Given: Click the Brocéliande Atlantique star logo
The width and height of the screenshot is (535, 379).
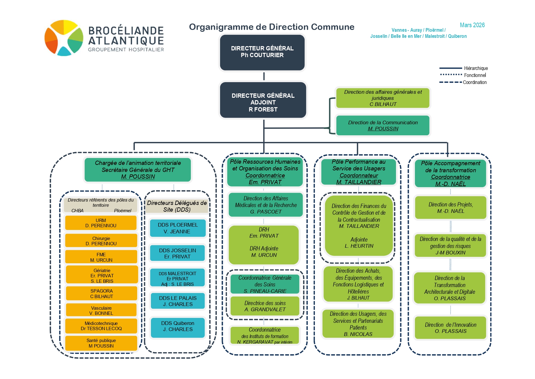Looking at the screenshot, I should coord(64,38).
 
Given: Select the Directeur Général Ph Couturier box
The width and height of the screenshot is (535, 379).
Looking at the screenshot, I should coord(262,52).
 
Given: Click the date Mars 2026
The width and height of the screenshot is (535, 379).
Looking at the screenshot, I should coord(472,25).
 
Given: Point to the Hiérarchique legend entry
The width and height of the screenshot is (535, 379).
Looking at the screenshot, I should coord(476,68).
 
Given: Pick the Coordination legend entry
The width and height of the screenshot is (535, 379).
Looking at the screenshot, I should coord(474,82).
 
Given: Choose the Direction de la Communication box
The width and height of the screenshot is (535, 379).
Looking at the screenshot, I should coord(383,125).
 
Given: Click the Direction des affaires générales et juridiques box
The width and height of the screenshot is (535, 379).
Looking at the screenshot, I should coord(383,98).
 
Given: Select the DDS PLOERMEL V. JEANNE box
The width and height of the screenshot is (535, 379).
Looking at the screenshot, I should coord(178,228).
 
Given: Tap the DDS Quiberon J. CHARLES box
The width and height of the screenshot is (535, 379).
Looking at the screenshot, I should coord(178,326).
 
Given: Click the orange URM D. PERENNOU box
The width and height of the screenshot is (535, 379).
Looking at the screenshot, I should coord(101,223).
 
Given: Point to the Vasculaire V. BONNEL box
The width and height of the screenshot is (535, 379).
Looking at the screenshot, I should coord(101,311).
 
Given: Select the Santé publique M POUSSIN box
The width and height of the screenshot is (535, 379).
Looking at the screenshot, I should coord(101,343).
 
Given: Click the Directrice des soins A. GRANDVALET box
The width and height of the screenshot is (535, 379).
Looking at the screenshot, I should coord(265,306).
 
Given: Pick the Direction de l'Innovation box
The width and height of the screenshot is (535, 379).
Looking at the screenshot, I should coord(450,328).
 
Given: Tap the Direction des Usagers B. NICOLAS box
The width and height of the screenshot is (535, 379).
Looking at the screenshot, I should coord(358,324).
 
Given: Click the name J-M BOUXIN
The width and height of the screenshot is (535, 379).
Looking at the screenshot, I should coord(450,253).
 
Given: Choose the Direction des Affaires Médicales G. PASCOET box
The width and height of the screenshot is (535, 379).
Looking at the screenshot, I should coord(266,205).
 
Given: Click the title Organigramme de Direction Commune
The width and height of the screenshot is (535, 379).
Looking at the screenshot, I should coord(272,27).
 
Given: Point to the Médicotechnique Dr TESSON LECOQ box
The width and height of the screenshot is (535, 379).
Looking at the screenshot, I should coord(101,326).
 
